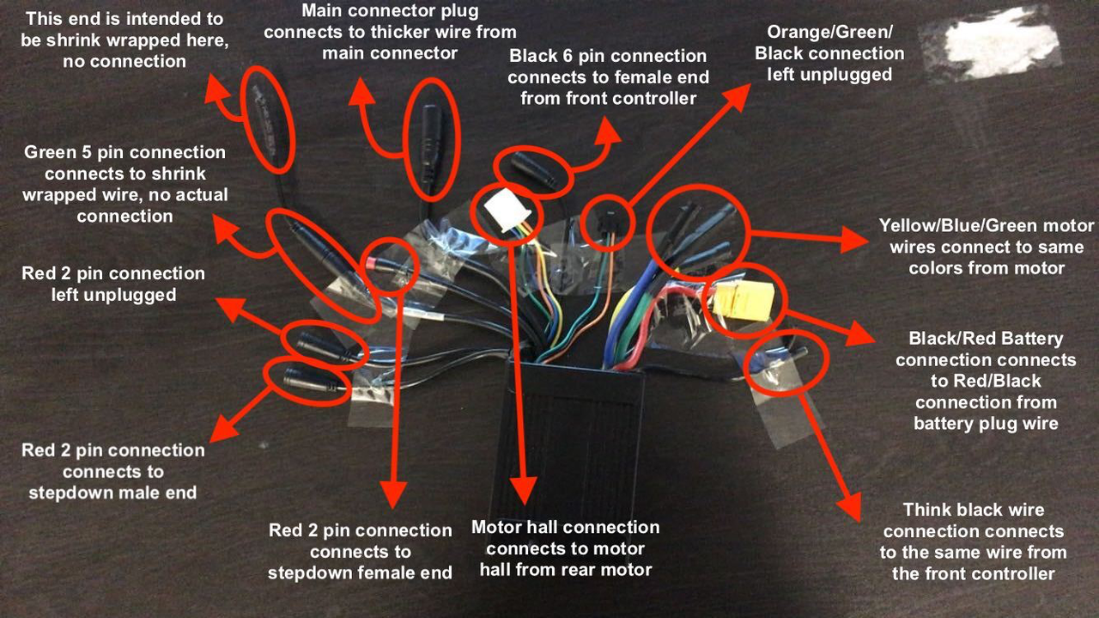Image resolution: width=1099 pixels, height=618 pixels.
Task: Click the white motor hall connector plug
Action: (x=507, y=211)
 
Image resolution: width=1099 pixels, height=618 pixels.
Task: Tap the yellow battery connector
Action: (x=744, y=301)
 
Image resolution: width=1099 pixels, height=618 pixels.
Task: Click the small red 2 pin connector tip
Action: (x=378, y=263)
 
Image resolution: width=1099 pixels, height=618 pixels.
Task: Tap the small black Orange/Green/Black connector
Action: (x=608, y=221)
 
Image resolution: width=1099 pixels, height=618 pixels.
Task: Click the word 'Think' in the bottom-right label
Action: (x=925, y=510)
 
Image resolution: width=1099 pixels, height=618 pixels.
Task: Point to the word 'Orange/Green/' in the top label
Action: (x=829, y=32)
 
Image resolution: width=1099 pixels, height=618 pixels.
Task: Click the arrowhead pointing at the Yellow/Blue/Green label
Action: (x=854, y=239)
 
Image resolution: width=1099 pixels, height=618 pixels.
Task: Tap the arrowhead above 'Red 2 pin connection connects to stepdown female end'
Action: (x=393, y=493)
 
